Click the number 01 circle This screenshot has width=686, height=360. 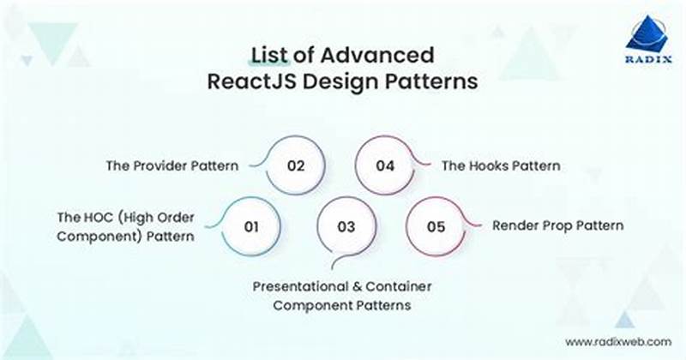(251, 227)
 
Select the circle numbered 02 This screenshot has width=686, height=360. (296, 165)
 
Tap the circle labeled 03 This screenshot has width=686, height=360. (346, 227)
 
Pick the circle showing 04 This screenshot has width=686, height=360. (386, 165)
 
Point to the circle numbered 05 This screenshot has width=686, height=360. (436, 227)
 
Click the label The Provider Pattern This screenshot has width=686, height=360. (171, 165)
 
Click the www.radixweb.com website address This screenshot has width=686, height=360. (617, 341)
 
